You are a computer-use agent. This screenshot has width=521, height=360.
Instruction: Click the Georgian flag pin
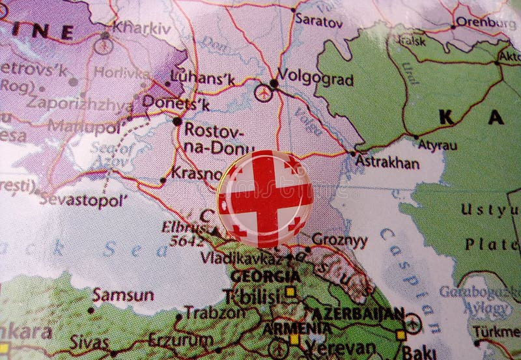point(265,198)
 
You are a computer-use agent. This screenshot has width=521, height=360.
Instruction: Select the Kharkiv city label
point(141,28)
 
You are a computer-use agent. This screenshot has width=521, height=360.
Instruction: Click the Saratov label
point(318,20)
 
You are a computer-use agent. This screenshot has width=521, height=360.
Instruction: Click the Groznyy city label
point(339,240)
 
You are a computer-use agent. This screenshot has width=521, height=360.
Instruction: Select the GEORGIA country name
point(265,276)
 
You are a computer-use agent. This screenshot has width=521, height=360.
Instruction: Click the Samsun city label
point(123,295)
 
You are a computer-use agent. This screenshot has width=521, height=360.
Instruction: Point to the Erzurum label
point(180,339)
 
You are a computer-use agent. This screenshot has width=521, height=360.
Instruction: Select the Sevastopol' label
point(83,200)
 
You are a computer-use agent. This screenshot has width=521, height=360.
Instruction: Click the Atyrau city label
point(437,145)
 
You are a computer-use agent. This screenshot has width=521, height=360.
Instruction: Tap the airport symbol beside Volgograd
point(262,92)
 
